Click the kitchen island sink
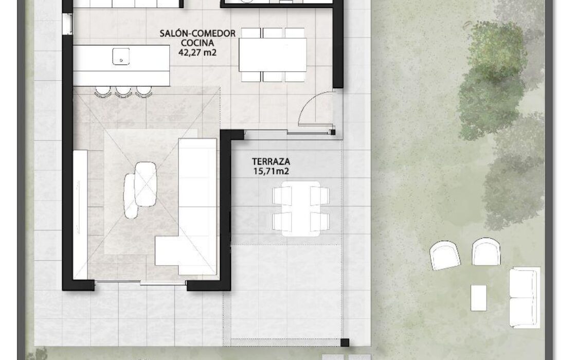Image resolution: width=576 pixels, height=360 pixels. point(121,56)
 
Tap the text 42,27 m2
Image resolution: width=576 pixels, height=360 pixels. point(197,52)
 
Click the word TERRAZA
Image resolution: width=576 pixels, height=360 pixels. point(271,161)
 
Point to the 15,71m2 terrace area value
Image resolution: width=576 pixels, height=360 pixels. point(271,171)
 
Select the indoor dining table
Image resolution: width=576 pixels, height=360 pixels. point(273,55)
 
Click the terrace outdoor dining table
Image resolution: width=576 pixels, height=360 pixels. point(301,209)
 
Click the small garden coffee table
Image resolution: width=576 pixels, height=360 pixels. point(479,298)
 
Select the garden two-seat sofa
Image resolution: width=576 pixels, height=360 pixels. point(525,298)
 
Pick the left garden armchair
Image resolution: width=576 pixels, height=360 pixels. point(445,256)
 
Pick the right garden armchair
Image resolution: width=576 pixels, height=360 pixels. point(486,251)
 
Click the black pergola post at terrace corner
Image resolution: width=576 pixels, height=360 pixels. point(345,343)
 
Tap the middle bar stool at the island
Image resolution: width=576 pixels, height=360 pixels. point(123,92)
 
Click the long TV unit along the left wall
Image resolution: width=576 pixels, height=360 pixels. point(80,214)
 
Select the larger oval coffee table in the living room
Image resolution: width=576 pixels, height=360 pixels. point(146,184)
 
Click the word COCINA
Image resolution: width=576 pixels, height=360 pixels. point(197,43)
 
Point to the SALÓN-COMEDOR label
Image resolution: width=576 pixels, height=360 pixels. point(197,33)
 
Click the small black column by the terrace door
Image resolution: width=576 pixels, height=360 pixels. point(333,132)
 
